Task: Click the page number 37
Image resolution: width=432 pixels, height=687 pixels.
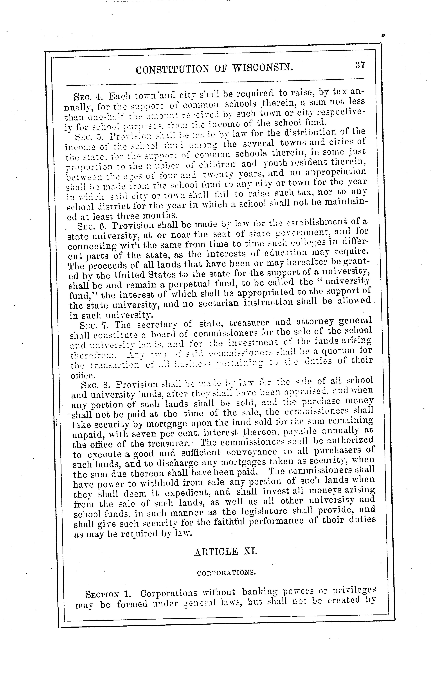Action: (x=360, y=65)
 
